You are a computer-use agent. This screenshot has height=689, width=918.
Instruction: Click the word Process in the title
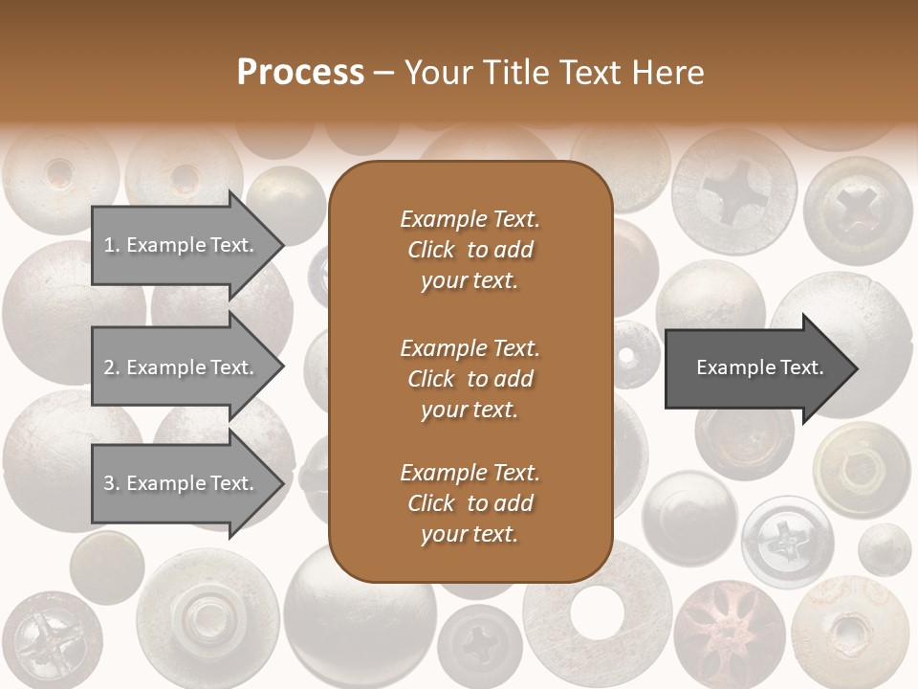(300, 72)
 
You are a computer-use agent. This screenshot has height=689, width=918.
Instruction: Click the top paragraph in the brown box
(470, 250)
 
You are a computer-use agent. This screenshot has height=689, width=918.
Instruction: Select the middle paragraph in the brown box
(470, 379)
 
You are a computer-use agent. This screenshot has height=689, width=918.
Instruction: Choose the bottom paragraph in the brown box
(470, 503)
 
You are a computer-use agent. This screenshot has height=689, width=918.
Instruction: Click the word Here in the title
(669, 72)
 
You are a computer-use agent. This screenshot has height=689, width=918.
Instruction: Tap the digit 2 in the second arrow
(109, 367)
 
